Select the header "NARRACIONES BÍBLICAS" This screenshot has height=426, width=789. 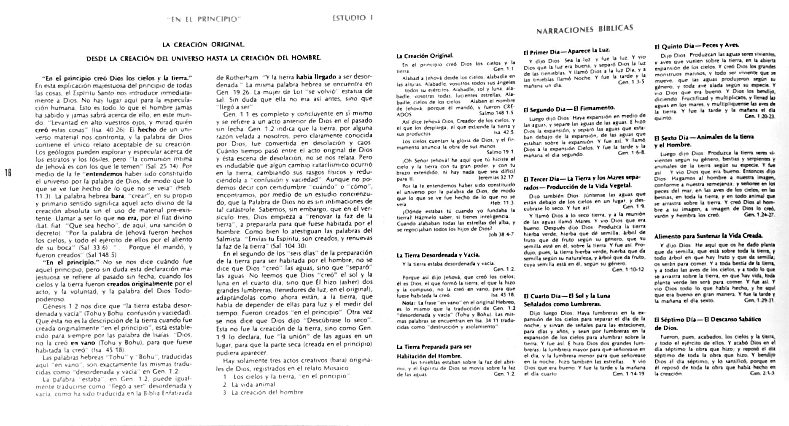tap(584, 30)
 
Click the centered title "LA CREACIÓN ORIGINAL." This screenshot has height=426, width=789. tap(203, 44)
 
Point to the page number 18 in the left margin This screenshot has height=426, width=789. tap(7, 172)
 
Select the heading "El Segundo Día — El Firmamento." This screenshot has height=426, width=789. tap(569, 109)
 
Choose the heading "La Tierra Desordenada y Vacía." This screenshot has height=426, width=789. tap(438, 255)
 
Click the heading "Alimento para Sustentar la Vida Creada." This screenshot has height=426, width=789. tap(714, 236)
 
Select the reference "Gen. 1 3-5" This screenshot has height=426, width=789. tap(631, 82)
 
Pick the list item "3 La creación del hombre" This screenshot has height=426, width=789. tap(264, 392)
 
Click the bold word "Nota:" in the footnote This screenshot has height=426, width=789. tap(408, 302)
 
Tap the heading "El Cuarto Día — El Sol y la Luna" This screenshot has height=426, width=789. tap(567, 296)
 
